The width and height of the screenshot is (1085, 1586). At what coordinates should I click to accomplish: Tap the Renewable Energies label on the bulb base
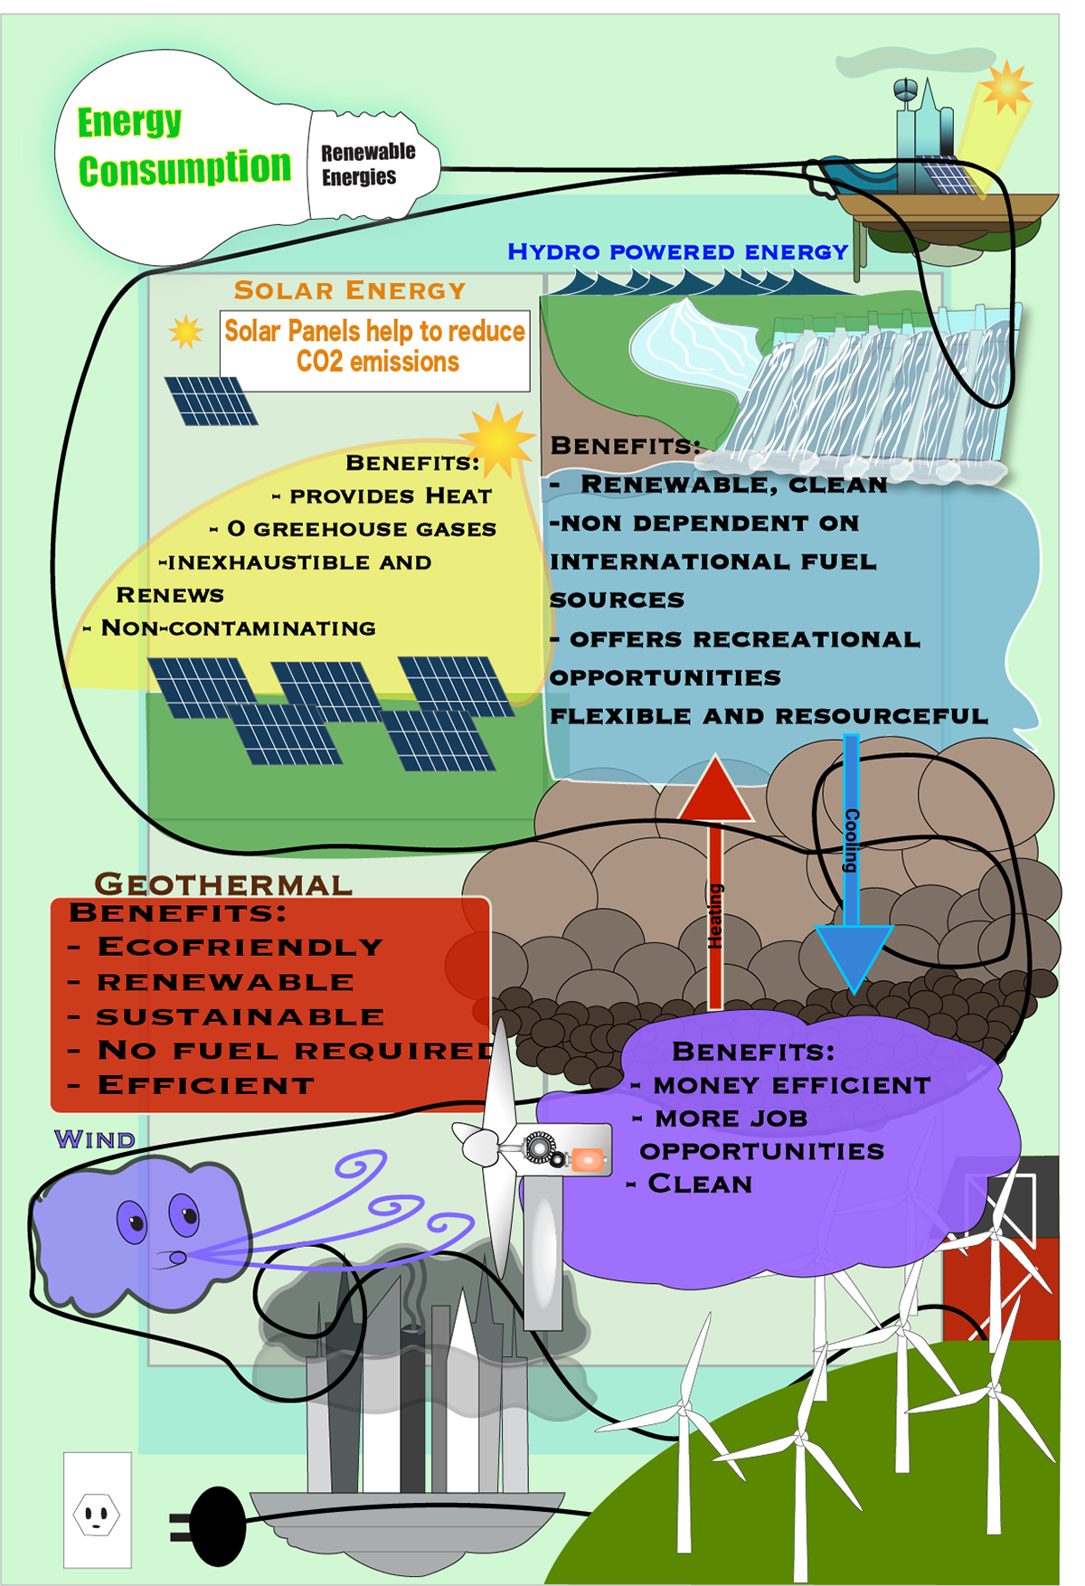(x=367, y=164)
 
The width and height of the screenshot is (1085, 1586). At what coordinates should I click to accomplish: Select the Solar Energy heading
(x=350, y=290)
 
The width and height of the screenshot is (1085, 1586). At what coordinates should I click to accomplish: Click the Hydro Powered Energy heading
(x=677, y=251)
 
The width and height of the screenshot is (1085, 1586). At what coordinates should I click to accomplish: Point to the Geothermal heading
(x=223, y=883)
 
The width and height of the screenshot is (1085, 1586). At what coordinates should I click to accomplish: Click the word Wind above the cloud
(x=95, y=1139)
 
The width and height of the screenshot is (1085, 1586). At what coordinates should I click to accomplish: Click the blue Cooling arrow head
(x=853, y=956)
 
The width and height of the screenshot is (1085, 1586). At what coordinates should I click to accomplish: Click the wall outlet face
(x=97, y=1514)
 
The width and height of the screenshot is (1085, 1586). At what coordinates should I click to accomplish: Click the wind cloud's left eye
(x=132, y=1222)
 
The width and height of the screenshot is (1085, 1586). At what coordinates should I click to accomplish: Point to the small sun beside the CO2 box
(x=186, y=332)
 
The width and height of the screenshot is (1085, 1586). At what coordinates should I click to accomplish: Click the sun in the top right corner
(x=1005, y=88)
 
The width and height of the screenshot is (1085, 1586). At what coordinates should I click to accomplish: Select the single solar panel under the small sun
(x=212, y=401)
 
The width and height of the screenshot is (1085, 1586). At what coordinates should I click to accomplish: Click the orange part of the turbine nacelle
(x=588, y=1158)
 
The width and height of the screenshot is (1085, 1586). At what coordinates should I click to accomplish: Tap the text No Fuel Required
(x=297, y=1051)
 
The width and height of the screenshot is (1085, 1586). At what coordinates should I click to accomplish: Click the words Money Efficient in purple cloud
(x=791, y=1085)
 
